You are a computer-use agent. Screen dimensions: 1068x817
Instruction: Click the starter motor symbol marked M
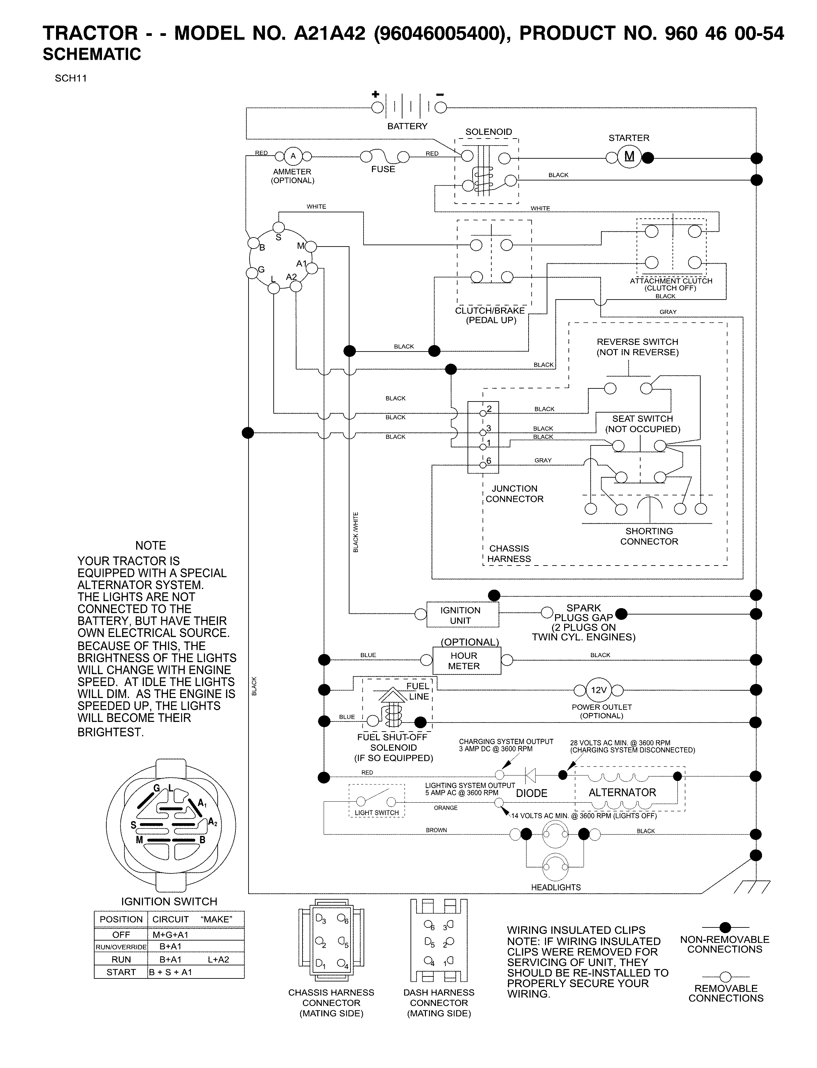(629, 157)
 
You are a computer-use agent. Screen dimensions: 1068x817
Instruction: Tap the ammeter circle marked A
(293, 156)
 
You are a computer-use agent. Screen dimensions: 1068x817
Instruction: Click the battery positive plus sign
(375, 94)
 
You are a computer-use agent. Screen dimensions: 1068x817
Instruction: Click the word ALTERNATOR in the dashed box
(622, 792)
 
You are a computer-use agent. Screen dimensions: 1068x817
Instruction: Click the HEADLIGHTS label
(555, 887)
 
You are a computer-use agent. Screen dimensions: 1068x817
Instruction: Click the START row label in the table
(121, 972)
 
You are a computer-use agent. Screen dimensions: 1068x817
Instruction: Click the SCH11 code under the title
(71, 78)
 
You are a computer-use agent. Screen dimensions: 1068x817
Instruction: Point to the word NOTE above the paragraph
(151, 545)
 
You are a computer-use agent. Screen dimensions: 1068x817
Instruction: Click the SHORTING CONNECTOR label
(649, 536)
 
